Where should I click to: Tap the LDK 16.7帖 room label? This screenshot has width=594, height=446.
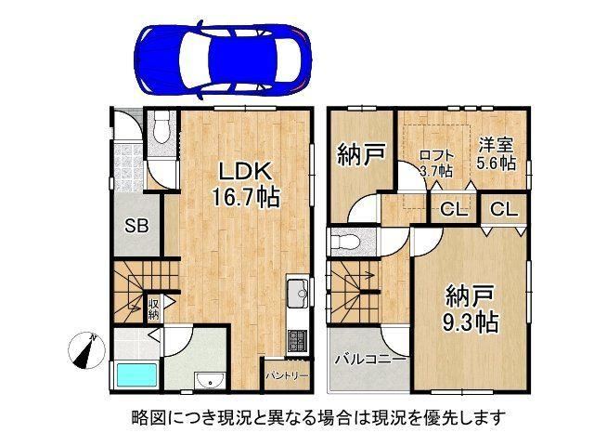click(x=245, y=184)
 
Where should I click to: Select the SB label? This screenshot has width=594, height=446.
click(x=136, y=227)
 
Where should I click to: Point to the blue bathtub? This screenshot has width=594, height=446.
click(x=136, y=375)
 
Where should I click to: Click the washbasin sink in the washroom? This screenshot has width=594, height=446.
click(x=210, y=380)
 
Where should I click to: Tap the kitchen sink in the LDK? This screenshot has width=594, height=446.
click(x=299, y=293)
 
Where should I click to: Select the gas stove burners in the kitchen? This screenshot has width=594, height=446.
click(x=299, y=341)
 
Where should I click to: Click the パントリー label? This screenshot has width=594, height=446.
click(x=287, y=375)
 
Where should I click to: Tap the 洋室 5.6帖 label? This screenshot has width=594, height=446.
click(x=496, y=153)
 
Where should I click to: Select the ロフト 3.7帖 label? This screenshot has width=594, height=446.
click(x=436, y=164)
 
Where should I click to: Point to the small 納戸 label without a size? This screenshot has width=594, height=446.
click(x=361, y=154)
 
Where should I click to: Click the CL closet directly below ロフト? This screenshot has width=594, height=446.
click(x=454, y=209)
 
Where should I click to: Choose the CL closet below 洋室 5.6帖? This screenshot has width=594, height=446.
click(x=504, y=208)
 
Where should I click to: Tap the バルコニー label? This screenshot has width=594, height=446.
click(x=369, y=359)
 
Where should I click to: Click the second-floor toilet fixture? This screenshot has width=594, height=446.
click(x=345, y=243)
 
